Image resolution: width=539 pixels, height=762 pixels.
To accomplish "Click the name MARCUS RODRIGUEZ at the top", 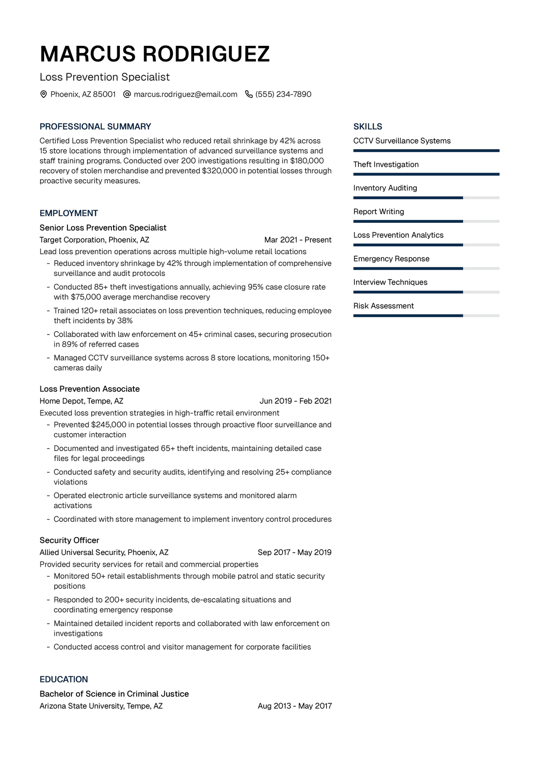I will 155,54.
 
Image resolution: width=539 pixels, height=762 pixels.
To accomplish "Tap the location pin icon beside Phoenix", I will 44,94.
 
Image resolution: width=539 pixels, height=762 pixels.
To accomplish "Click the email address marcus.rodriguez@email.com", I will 185,94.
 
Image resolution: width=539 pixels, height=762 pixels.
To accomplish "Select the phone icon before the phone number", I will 249,94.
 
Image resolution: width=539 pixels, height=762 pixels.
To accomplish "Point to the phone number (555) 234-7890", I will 283,94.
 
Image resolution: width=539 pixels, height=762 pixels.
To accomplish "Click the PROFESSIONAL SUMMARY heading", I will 95,127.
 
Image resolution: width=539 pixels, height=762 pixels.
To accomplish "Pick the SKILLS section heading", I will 367,127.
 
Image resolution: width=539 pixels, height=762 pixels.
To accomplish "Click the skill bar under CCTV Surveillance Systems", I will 426,151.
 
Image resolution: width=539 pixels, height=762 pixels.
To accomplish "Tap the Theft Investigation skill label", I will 386,164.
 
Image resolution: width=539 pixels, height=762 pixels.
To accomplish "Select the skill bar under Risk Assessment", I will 426,316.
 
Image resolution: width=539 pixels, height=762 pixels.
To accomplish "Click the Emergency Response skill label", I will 391,259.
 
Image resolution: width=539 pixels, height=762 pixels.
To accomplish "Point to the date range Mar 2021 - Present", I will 298,240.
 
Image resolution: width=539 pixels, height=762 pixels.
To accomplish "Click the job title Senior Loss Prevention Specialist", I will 103,228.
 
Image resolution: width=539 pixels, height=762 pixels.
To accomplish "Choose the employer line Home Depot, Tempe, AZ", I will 81,401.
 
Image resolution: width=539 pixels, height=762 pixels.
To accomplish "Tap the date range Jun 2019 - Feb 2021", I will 296,401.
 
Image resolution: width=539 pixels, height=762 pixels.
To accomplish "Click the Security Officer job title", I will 69,540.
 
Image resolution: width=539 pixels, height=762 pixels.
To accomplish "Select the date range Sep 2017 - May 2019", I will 295,552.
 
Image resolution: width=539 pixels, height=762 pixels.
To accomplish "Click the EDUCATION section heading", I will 64,679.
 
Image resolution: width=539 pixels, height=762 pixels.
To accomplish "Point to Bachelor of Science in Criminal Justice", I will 114,694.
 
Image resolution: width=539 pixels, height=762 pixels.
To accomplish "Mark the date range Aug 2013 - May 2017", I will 295,706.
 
